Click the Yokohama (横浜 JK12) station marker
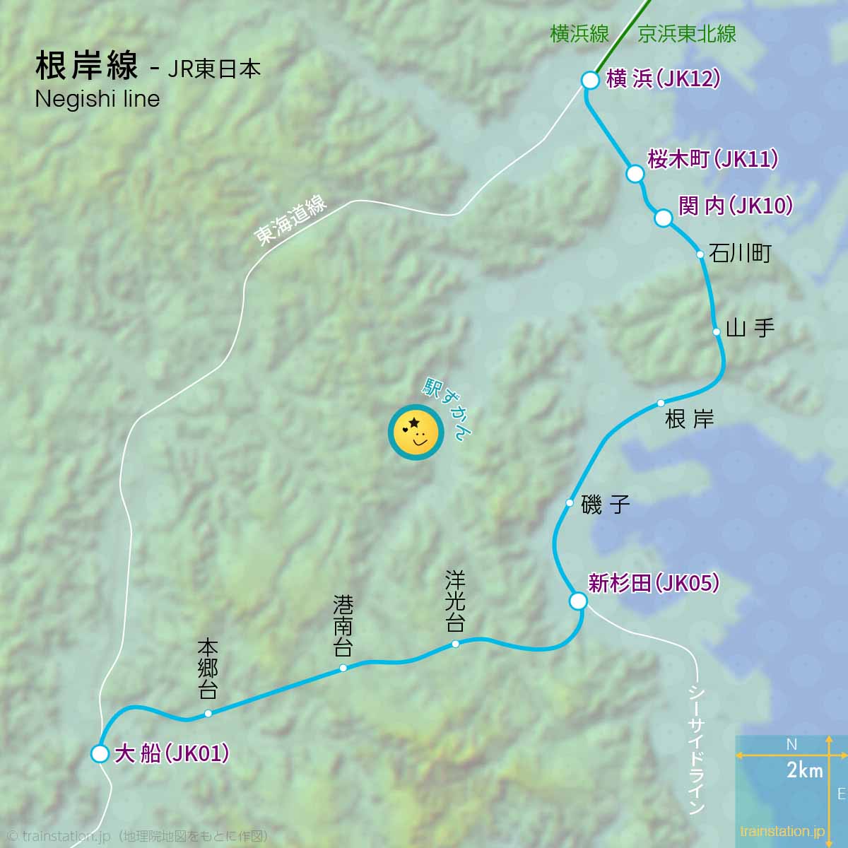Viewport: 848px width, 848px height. (x=591, y=80)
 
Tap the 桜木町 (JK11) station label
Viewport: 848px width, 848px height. (x=712, y=159)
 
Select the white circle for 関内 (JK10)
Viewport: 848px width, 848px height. (x=663, y=218)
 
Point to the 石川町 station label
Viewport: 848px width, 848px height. (x=740, y=253)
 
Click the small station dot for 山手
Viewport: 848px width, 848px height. (x=717, y=331)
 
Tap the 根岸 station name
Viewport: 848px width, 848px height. (x=690, y=420)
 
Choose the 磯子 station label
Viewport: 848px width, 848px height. (x=605, y=505)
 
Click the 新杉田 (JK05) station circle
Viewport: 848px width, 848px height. (x=578, y=601)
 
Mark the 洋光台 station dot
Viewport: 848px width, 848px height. (x=455, y=644)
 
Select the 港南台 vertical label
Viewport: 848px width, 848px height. (x=343, y=625)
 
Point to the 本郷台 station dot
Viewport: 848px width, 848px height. (x=208, y=713)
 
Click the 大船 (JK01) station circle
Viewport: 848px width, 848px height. (x=100, y=754)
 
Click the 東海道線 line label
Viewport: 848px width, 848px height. (x=291, y=222)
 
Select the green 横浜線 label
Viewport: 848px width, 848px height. (x=579, y=34)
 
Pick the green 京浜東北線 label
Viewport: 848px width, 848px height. (x=687, y=34)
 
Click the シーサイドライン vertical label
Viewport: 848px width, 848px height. (x=697, y=749)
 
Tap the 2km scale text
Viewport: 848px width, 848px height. (x=805, y=770)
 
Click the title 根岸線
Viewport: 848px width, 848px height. (x=86, y=66)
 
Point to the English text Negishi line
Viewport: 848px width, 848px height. (x=98, y=99)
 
